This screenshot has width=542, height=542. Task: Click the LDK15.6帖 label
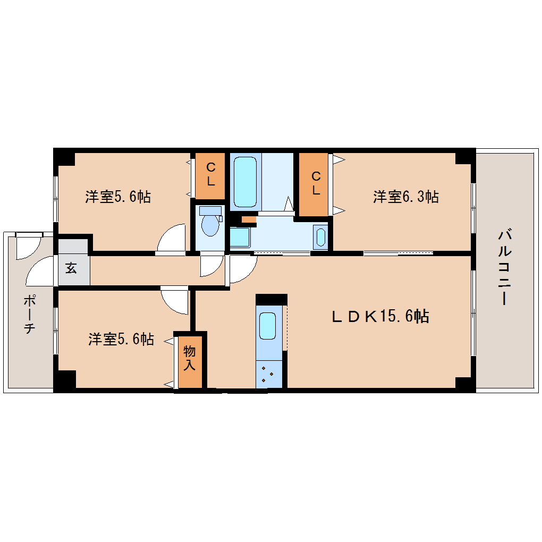coord(380,317)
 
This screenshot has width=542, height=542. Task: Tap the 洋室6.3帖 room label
coord(405,197)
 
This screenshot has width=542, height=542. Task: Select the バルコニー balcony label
coord(505,267)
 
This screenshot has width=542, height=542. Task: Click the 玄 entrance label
coord(71,267)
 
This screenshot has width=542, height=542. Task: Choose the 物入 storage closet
coord(190,358)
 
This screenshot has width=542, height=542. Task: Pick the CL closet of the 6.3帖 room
coord(316,183)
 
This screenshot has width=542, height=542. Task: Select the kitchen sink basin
coord(267,325)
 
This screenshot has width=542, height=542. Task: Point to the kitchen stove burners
coord(268,374)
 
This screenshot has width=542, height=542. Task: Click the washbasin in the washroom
coord(320,237)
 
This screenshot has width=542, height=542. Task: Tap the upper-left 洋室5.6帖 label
coord(118,197)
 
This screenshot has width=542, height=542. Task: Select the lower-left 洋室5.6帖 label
coord(121,339)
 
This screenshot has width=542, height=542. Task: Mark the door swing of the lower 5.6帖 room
coord(175,302)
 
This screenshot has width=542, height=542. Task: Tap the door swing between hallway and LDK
coord(242,269)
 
